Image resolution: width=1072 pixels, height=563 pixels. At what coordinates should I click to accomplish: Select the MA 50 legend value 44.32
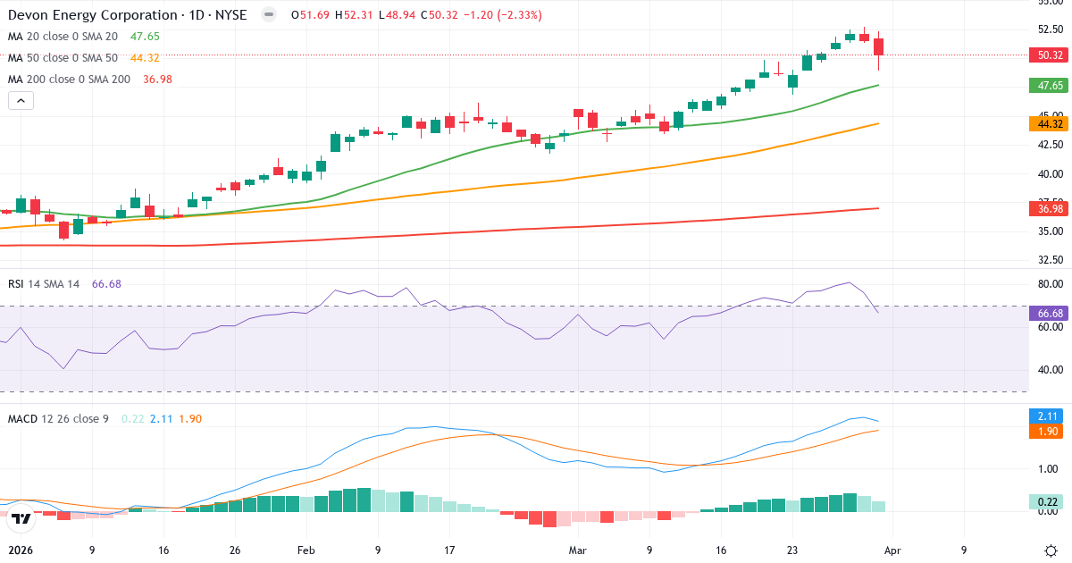pyautogui.click(x=145, y=58)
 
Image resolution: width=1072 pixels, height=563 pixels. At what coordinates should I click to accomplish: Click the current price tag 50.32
pyautogui.click(x=1050, y=55)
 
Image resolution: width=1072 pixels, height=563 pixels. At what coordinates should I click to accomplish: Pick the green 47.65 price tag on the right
pyautogui.click(x=1050, y=86)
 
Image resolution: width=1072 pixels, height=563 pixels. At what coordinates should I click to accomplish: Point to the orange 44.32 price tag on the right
pyautogui.click(x=1050, y=123)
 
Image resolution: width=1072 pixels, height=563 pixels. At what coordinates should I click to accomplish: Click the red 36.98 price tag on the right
pyautogui.click(x=1050, y=208)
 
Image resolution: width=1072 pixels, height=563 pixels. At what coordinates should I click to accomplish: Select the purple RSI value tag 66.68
pyautogui.click(x=1050, y=314)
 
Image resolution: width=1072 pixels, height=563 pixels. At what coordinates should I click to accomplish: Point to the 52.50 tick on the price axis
pyautogui.click(x=1050, y=28)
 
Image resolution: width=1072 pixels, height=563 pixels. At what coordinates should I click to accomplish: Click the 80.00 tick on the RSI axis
pyautogui.click(x=1050, y=284)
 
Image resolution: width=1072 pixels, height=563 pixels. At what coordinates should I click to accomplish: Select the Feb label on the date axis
pyautogui.click(x=306, y=550)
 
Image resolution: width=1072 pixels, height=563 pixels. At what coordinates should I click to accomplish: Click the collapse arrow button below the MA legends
pyautogui.click(x=21, y=100)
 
